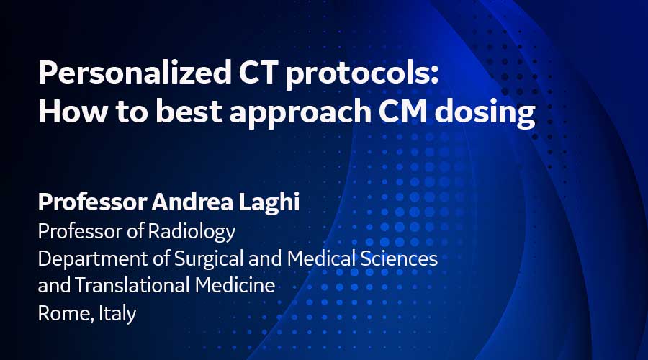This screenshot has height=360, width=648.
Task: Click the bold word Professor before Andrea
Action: tap(84, 204)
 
